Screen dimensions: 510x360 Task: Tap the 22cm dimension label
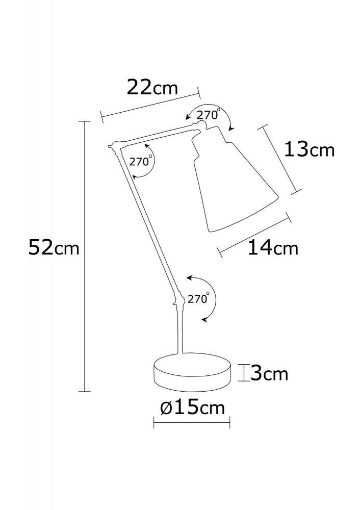click(152, 88)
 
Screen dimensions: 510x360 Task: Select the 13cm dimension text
click(308, 149)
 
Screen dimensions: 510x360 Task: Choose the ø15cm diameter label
click(192, 409)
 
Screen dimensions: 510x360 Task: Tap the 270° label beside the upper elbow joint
click(140, 162)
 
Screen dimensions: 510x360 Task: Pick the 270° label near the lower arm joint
click(199, 299)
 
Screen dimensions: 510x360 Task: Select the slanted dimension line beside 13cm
click(282, 159)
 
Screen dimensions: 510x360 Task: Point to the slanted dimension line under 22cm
click(151, 106)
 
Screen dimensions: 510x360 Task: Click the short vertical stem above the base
click(179, 331)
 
